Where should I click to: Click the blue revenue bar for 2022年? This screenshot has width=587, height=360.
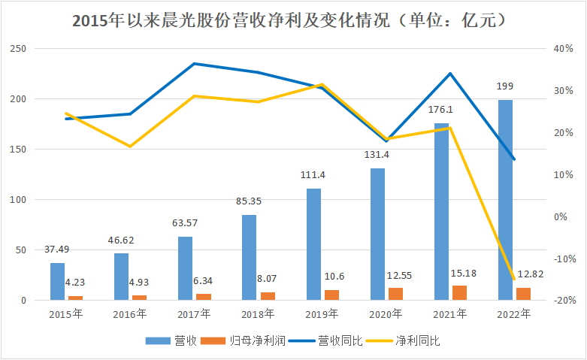click(505, 200)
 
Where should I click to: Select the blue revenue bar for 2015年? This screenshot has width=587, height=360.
click(57, 281)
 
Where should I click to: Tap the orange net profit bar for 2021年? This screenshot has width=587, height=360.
click(459, 293)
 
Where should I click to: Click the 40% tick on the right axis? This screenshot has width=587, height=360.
click(563, 49)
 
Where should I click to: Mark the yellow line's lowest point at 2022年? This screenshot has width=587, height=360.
click(513, 279)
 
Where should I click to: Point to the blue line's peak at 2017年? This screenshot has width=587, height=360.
click(193, 64)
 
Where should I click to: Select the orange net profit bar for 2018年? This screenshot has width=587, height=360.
click(268, 296)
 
